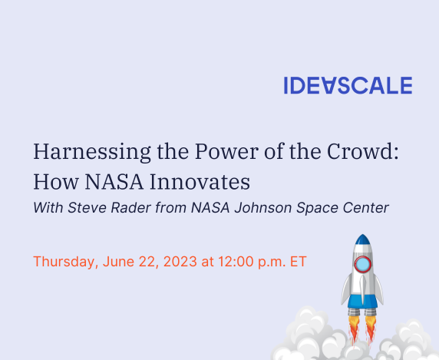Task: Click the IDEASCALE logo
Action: pos(348,85)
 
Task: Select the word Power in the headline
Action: pos(226,151)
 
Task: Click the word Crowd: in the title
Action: pos(363,151)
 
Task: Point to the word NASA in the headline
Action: pos(114,182)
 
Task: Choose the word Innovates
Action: pos(200,182)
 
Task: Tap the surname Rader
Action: pos(131,208)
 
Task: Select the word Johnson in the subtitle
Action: pos(263,208)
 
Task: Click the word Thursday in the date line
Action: pos(66,262)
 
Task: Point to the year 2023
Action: pos(180,262)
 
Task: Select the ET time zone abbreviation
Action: pos(299,262)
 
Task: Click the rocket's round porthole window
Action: pos(363,264)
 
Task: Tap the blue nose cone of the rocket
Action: pos(363,239)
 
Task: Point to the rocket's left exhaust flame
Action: pos(354,330)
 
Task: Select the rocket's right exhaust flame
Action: pos(371,330)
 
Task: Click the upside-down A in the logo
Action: pos(328,85)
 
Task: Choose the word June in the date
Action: pos(118,262)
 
